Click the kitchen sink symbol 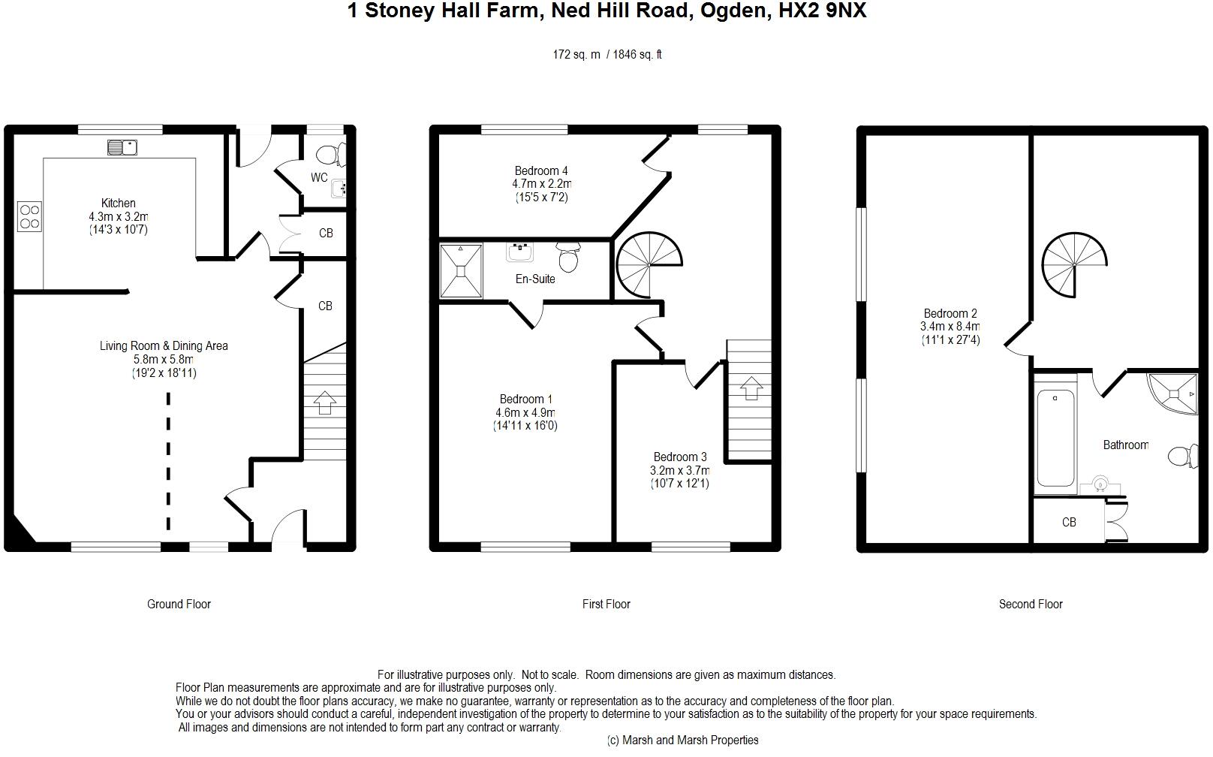pos(122,147)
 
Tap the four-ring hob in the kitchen pos(29,217)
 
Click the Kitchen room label pos(118,204)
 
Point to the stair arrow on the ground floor pos(324,403)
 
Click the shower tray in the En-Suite pos(461,271)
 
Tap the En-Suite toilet pos(568,257)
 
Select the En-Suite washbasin pos(520,252)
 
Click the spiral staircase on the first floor pos(649,265)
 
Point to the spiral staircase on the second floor pos(1074,265)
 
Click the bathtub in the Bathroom pos(1055,437)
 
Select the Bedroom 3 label pos(679,457)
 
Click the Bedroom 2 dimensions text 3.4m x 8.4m pos(950,327)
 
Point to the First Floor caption pos(606,605)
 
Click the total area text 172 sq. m pos(576,55)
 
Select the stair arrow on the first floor pos(751,388)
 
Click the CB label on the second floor pos(1069,523)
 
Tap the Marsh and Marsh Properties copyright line pos(682,740)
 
